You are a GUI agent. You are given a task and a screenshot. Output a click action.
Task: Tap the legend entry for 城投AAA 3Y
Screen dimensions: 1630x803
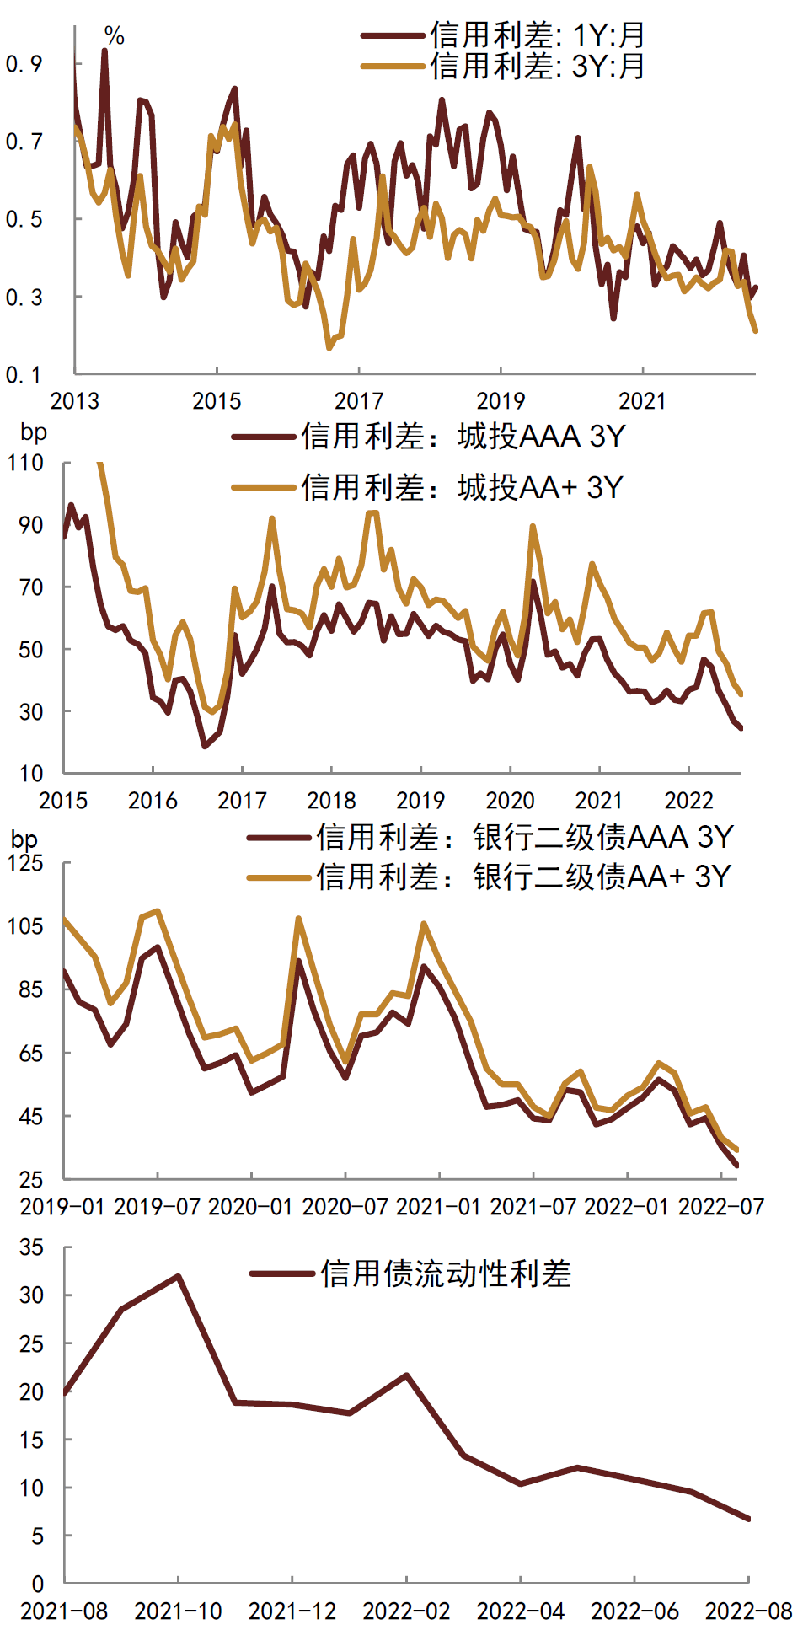click(x=463, y=437)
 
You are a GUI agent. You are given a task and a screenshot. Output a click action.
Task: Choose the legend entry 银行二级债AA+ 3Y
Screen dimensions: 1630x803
click(x=522, y=877)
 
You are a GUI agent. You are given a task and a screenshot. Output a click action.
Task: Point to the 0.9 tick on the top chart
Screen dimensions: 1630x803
click(x=24, y=64)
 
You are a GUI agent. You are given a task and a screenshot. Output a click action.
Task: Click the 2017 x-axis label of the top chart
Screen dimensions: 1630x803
click(x=359, y=401)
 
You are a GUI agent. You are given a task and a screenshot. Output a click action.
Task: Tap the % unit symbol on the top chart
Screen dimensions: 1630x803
click(x=115, y=36)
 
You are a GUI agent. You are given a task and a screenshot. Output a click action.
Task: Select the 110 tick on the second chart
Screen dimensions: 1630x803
click(x=25, y=463)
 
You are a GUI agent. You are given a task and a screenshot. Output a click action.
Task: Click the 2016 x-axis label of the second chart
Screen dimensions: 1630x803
click(x=153, y=800)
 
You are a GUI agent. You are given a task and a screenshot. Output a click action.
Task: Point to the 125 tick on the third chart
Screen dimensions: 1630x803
click(x=25, y=863)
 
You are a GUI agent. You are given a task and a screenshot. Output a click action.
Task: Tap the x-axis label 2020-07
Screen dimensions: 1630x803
click(x=345, y=1207)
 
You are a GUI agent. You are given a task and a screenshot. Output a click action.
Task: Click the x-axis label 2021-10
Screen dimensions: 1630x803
click(x=178, y=1611)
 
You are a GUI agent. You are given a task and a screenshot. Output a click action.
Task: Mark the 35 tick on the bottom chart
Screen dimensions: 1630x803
click(x=31, y=1247)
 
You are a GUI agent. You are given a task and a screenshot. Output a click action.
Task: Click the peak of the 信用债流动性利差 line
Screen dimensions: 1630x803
click(x=178, y=1276)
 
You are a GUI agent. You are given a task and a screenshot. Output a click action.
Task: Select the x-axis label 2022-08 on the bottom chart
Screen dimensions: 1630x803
click(x=748, y=1611)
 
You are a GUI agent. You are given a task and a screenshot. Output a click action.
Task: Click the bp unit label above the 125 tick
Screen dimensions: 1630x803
click(x=24, y=839)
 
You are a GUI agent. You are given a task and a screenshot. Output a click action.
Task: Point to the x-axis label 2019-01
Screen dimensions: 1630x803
click(x=63, y=1207)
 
